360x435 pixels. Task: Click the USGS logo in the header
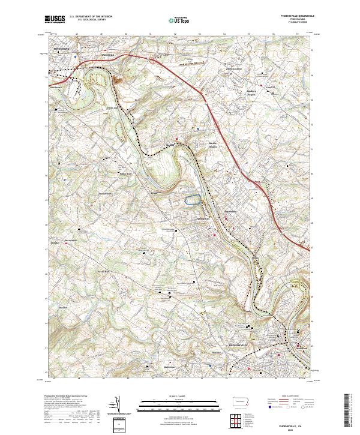coord(55,20)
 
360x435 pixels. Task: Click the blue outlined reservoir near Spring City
coord(192,200)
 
